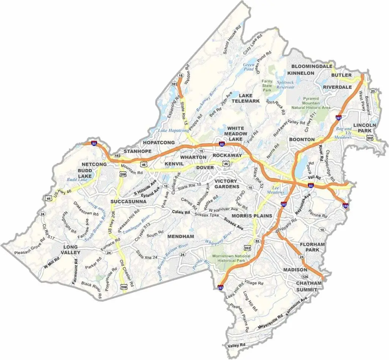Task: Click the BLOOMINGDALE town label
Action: [x=312, y=66]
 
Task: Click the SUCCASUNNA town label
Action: [x=128, y=201]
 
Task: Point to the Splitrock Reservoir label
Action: [x=285, y=84]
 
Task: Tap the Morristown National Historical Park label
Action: [x=231, y=259]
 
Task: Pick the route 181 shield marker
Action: [x=174, y=84]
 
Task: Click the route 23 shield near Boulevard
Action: [x=373, y=91]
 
